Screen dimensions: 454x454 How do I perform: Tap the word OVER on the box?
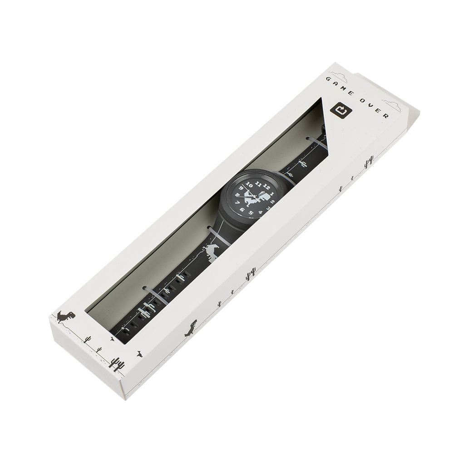pos(376,109)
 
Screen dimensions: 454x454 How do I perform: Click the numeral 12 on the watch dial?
pos(267,188)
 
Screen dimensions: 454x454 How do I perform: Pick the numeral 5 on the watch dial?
pos(251,213)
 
